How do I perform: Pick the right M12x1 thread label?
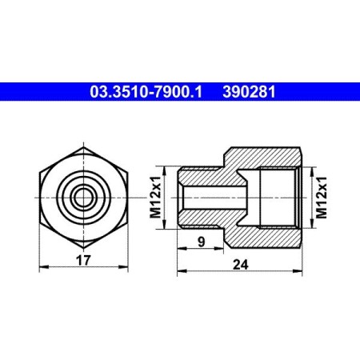pyautogui.click(x=321, y=196)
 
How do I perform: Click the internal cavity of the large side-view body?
pyautogui.click(x=276, y=196)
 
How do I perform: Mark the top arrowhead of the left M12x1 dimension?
pyautogui.click(x=166, y=168)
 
